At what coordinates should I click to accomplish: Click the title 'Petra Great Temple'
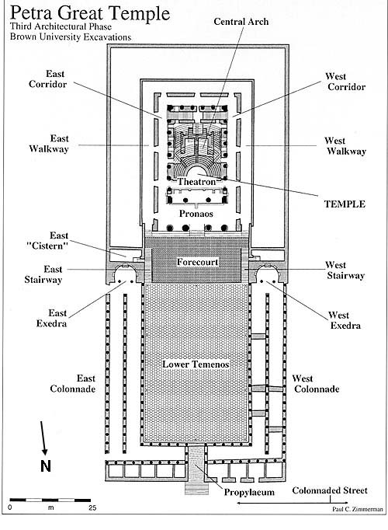coord(90,13)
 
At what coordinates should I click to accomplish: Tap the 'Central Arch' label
coord(241,22)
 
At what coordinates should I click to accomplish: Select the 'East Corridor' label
coord(47,78)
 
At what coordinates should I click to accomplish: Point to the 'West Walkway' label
coord(345,145)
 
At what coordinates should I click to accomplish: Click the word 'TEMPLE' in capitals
coord(345,204)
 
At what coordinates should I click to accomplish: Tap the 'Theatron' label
coord(196,182)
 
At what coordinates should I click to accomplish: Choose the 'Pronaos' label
coord(196,214)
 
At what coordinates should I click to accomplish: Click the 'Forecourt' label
coord(197,262)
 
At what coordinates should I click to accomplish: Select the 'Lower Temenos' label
coord(196,364)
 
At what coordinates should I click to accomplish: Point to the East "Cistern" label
coord(47,240)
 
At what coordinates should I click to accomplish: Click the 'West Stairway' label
coord(345,270)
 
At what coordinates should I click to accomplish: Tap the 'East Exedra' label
coord(52,318)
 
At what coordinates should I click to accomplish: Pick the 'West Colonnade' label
coord(316,383)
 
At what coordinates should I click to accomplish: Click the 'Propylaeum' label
coord(249,492)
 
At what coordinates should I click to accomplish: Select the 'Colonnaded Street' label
coord(330,490)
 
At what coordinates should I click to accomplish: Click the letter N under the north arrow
coord(46,466)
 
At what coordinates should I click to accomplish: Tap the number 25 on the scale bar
coord(92,507)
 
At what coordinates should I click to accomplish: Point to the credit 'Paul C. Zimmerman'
coord(358,509)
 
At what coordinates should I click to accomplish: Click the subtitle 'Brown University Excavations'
coord(71,37)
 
